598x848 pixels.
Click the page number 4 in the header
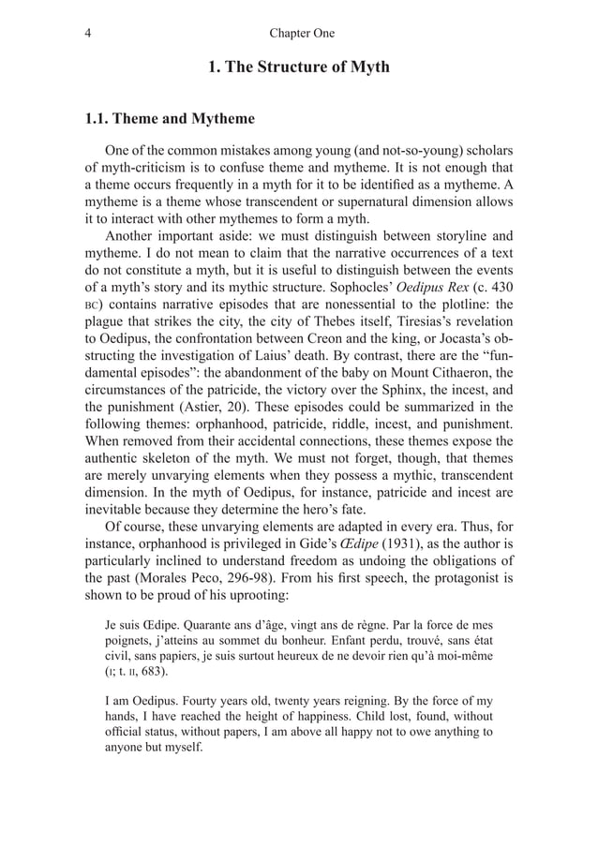(x=87, y=34)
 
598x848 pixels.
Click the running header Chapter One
(x=301, y=34)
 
